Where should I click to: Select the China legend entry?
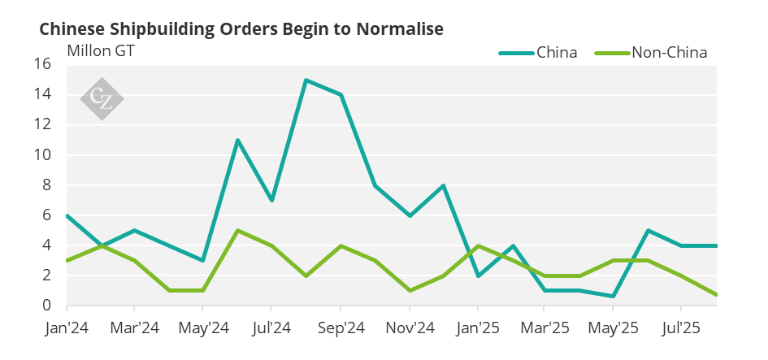(557, 53)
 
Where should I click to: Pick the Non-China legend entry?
(669, 53)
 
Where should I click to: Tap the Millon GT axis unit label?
(101, 50)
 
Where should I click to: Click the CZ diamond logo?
(102, 99)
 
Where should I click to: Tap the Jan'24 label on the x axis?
(67, 330)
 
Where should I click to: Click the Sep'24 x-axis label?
(341, 330)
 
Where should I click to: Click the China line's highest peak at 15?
(306, 80)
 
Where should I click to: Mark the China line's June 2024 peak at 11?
(237, 140)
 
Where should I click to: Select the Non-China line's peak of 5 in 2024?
(237, 230)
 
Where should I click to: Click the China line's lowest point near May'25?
(614, 296)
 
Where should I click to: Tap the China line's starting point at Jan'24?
(67, 215)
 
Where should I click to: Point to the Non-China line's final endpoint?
(716, 295)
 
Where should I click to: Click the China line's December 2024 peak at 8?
(443, 185)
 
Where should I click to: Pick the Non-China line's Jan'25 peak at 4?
(478, 245)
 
